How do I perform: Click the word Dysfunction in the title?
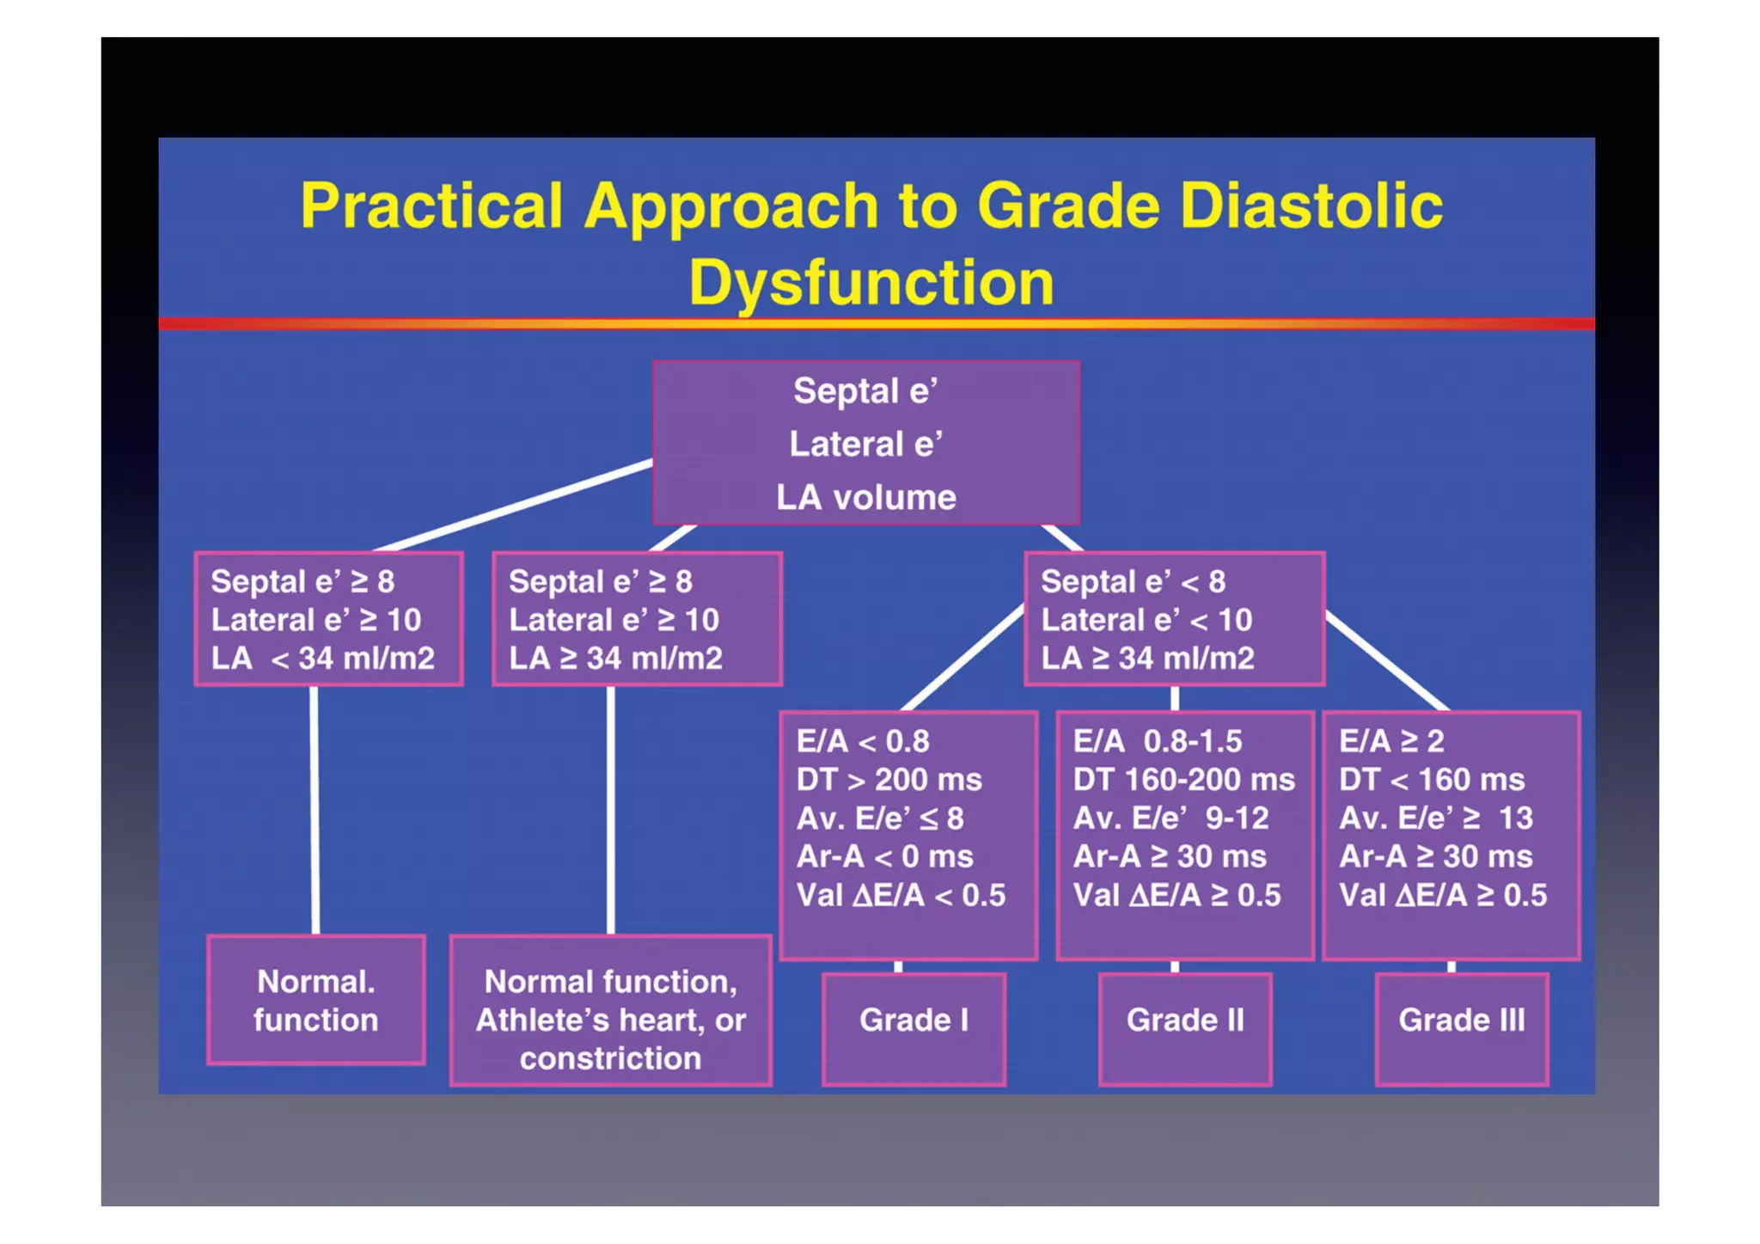871,283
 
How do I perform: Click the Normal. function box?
315,1001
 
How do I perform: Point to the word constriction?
610,1058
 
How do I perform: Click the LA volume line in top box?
865,498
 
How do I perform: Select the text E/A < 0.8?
862,741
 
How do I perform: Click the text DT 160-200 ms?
1183,780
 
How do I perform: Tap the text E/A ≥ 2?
1390,741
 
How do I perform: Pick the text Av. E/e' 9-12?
1170,818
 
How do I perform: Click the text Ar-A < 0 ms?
884,856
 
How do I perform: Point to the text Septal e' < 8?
1133,582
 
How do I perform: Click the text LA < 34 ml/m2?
322,659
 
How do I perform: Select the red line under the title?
876,324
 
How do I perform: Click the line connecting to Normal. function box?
315,808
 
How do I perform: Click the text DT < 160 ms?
1431,780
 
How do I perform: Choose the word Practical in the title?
431,206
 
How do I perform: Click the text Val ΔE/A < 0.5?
900,896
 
